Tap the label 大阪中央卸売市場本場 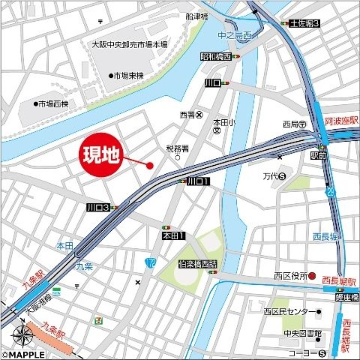tap(130, 45)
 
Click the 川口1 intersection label tap(198, 181)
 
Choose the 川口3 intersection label tap(98, 207)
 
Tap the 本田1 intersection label tap(174, 235)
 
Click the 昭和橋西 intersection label tap(216, 57)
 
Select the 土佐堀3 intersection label tap(305, 23)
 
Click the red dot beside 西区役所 tap(315, 276)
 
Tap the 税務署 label tap(177, 148)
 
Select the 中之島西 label tap(234, 36)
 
